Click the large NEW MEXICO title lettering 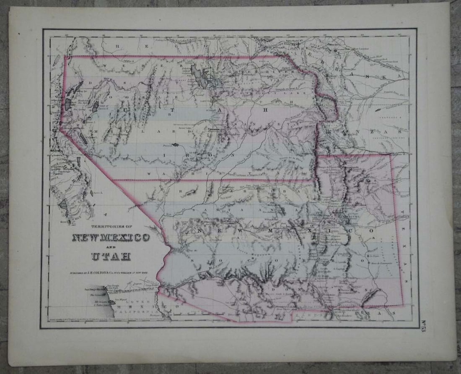111,238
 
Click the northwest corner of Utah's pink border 65,57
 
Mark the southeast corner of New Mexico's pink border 403,305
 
